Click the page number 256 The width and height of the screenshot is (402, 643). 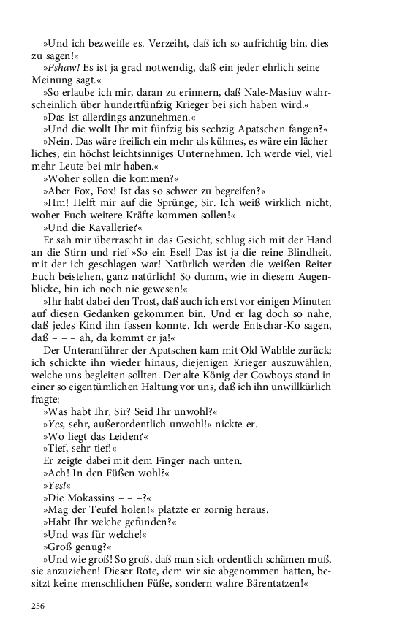click(39, 606)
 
